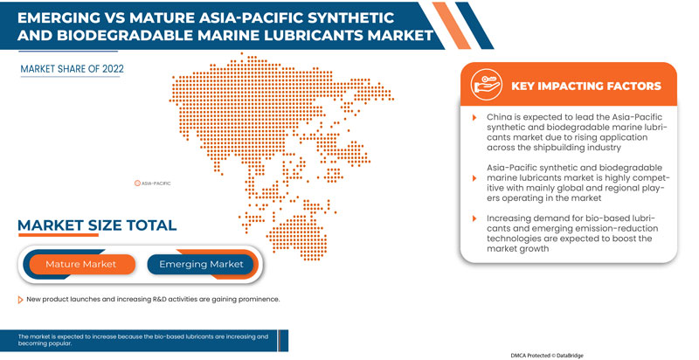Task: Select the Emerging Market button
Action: pyautogui.click(x=201, y=264)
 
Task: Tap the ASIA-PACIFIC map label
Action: pyautogui.click(x=156, y=183)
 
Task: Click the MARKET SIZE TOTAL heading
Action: pyautogui.click(x=97, y=225)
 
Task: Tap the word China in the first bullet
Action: pyautogui.click(x=500, y=116)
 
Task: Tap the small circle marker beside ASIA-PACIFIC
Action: pyautogui.click(x=138, y=183)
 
